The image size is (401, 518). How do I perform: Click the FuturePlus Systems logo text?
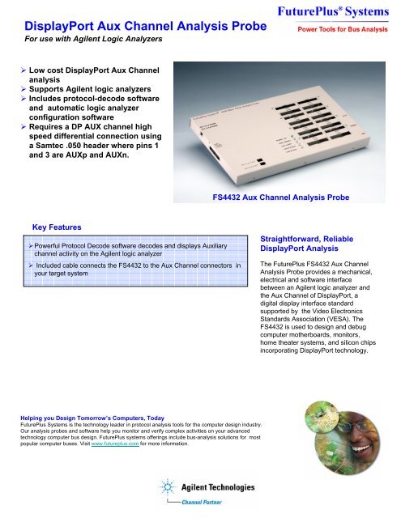coord(339,13)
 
